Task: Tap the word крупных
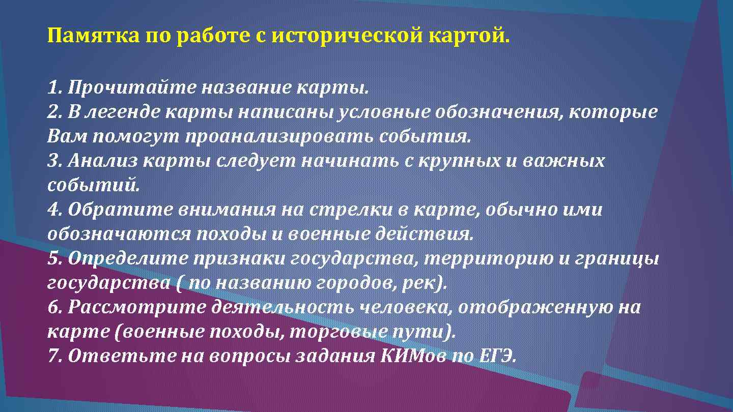point(460,161)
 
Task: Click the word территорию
point(489,259)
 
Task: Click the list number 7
point(53,356)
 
